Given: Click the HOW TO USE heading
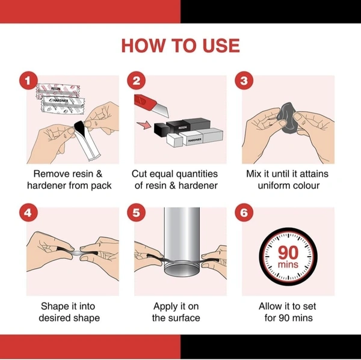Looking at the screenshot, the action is click(x=180, y=46).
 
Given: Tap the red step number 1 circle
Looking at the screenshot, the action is click(x=28, y=81).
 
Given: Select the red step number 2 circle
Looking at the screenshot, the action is click(x=137, y=81).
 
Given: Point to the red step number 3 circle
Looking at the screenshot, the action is click(x=244, y=81).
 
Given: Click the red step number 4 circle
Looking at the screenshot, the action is click(x=28, y=212).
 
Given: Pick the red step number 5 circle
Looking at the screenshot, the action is click(x=137, y=212).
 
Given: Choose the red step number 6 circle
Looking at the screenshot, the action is click(x=244, y=212).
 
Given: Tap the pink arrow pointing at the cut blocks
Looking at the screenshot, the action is click(x=144, y=126).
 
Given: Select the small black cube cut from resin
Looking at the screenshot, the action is click(x=160, y=129).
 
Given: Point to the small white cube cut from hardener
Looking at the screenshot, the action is click(x=174, y=140).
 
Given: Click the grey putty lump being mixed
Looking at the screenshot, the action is click(x=288, y=118).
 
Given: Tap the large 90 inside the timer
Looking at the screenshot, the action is click(x=288, y=252).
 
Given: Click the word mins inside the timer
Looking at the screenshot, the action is click(x=288, y=264).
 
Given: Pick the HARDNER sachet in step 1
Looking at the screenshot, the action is click(x=63, y=104).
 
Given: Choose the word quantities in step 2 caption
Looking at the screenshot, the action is click(x=196, y=174).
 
